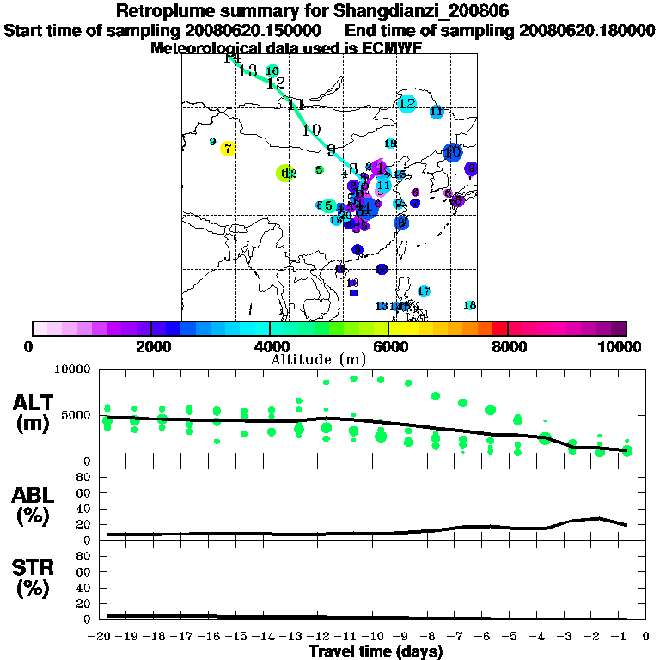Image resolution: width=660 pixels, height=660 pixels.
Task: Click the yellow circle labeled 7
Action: [x=227, y=149]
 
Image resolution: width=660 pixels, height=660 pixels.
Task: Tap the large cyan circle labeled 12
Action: [x=407, y=104]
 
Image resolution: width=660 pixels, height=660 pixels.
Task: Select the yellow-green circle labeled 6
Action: [x=285, y=173]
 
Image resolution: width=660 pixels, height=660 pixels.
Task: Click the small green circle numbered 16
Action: [x=272, y=70]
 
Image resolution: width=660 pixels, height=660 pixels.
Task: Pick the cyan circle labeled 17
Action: [x=424, y=291]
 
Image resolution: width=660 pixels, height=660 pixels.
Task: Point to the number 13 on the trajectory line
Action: [x=248, y=71]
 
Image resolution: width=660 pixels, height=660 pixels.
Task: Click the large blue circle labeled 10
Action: [x=452, y=152]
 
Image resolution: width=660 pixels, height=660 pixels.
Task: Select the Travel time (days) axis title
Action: [x=376, y=651]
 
